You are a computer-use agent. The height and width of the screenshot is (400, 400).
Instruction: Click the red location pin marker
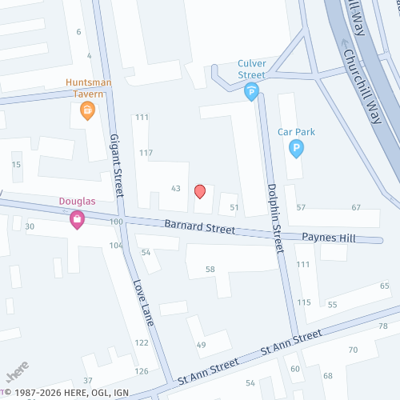pyautogui.click(x=200, y=191)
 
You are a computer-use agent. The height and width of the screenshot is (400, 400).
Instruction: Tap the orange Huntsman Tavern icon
pyautogui.click(x=89, y=109)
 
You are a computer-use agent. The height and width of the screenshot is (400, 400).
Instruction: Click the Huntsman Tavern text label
pyautogui.click(x=89, y=88)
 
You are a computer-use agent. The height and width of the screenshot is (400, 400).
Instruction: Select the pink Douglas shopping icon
pyautogui.click(x=77, y=218)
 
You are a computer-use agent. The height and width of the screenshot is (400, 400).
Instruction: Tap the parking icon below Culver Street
pyautogui.click(x=251, y=93)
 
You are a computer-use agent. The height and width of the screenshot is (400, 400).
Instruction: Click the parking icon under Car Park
pyautogui.click(x=296, y=148)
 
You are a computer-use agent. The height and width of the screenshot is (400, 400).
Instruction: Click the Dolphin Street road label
pyautogui.click(x=274, y=217)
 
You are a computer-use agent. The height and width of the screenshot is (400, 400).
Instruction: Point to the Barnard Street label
pyautogui.click(x=200, y=226)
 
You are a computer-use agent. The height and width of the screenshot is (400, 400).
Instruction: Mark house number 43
pyautogui.click(x=176, y=188)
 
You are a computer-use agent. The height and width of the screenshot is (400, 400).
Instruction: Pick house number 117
pyautogui.click(x=146, y=153)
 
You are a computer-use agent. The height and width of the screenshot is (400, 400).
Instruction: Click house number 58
pyautogui.click(x=210, y=270)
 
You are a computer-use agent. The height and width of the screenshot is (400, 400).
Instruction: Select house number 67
pyautogui.click(x=356, y=208)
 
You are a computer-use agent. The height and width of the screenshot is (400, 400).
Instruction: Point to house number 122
pyautogui.click(x=142, y=342)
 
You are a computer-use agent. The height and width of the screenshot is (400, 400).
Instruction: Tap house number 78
pyautogui.click(x=382, y=326)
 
